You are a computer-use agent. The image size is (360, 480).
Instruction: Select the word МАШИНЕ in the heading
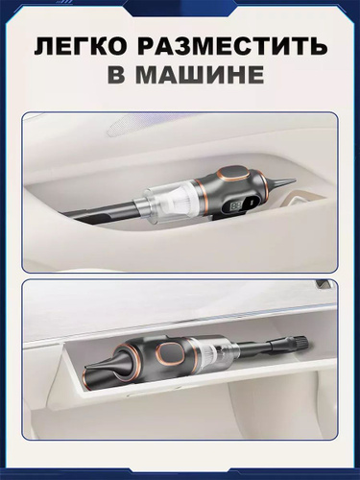pyautogui.click(x=200, y=76)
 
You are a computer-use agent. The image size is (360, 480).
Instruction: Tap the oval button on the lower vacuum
pyautogui.click(x=169, y=354)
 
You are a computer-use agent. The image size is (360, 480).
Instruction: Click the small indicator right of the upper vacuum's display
pyautogui.click(x=251, y=202)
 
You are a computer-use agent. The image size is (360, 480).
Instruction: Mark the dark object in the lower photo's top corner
pyautogui.click(x=324, y=283)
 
